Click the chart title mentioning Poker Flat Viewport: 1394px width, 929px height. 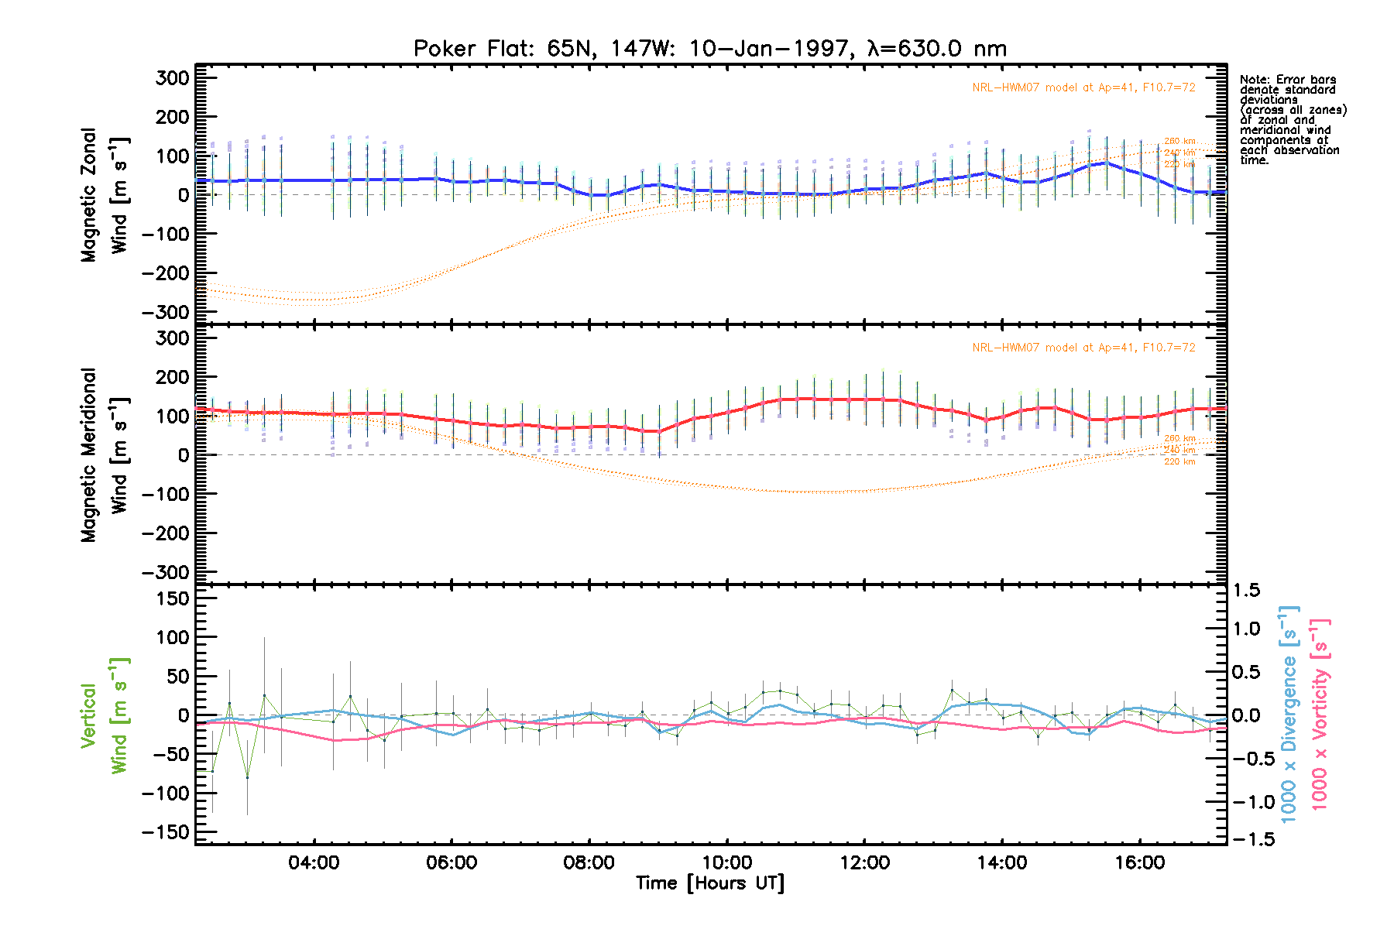[x=710, y=49]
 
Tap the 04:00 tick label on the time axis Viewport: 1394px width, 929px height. [x=314, y=862]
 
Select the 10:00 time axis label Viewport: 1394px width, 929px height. [x=727, y=862]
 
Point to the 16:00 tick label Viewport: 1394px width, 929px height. [x=1140, y=862]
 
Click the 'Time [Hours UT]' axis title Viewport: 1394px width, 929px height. [x=710, y=883]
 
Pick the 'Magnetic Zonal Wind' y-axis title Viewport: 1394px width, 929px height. [x=104, y=195]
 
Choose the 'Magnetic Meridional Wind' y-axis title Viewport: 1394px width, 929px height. [x=104, y=454]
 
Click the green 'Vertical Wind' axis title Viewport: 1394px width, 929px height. [x=104, y=715]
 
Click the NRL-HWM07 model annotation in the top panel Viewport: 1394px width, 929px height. [x=1083, y=87]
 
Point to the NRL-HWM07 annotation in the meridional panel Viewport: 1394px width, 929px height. [x=1083, y=348]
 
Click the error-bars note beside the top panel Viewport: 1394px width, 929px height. [x=1293, y=120]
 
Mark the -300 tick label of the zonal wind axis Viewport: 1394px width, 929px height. [x=166, y=312]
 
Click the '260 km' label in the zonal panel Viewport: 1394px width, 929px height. [x=1179, y=141]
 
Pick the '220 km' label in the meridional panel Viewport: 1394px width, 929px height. [x=1179, y=461]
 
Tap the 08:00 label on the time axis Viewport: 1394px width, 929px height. [x=589, y=862]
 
